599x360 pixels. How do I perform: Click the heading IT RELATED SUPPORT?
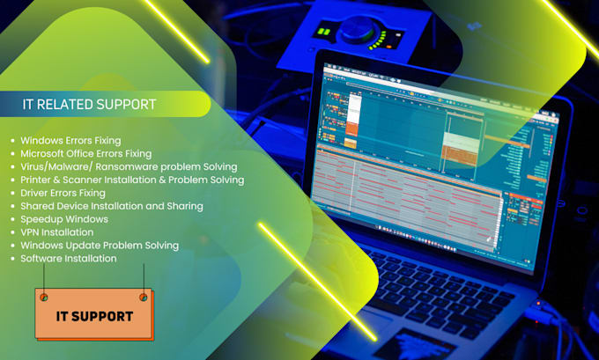coord(89,105)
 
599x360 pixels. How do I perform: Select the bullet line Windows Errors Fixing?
coord(70,140)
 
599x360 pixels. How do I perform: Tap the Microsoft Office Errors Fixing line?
coord(86,153)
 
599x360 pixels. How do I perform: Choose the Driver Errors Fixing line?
coord(63,193)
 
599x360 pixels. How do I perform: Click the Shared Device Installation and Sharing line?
coord(111,206)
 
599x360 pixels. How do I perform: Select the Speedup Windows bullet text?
coord(64,219)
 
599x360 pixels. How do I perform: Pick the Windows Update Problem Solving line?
coord(100,246)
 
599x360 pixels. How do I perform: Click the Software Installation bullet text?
coord(68,259)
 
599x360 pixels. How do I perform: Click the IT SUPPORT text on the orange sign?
coord(94,316)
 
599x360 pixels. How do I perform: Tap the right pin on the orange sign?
coord(143,297)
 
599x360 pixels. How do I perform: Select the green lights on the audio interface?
coord(323,33)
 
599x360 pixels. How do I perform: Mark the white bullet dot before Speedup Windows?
coord(12,219)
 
